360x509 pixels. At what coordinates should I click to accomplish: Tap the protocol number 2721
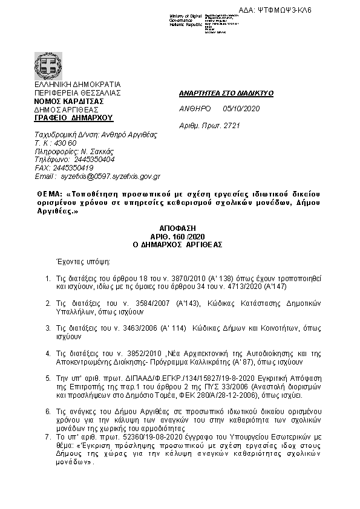point(232,125)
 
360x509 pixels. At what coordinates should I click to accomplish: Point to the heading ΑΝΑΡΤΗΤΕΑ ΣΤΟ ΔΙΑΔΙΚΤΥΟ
point(227,93)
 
